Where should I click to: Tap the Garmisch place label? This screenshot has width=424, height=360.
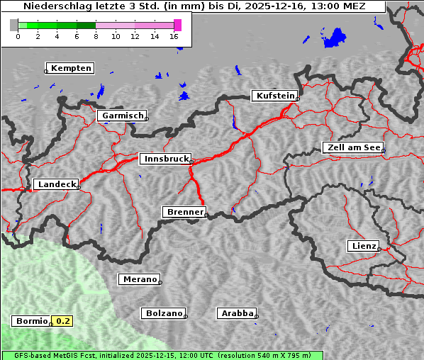coord(123,116)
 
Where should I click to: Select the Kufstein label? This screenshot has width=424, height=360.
coord(274,96)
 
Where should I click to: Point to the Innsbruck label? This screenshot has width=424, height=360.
coord(165,159)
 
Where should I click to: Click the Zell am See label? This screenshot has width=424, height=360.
coord(353,147)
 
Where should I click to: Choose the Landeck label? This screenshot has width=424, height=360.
coord(56,184)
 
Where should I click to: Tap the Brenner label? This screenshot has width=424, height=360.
coord(184,212)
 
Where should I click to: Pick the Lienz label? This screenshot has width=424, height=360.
coord(363,246)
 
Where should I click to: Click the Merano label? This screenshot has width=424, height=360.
coord(139,279)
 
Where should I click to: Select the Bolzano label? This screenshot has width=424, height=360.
coord(164,313)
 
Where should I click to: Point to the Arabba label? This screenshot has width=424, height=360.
coord(237,313)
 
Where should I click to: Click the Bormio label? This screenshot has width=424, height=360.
coord(31,321)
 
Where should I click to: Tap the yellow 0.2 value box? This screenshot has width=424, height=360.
coord(63,321)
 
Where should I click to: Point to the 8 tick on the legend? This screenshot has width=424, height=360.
coord(96,35)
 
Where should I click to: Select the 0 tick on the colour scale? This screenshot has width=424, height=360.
coord(18,35)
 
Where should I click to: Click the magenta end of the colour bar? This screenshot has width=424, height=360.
coord(177,25)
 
